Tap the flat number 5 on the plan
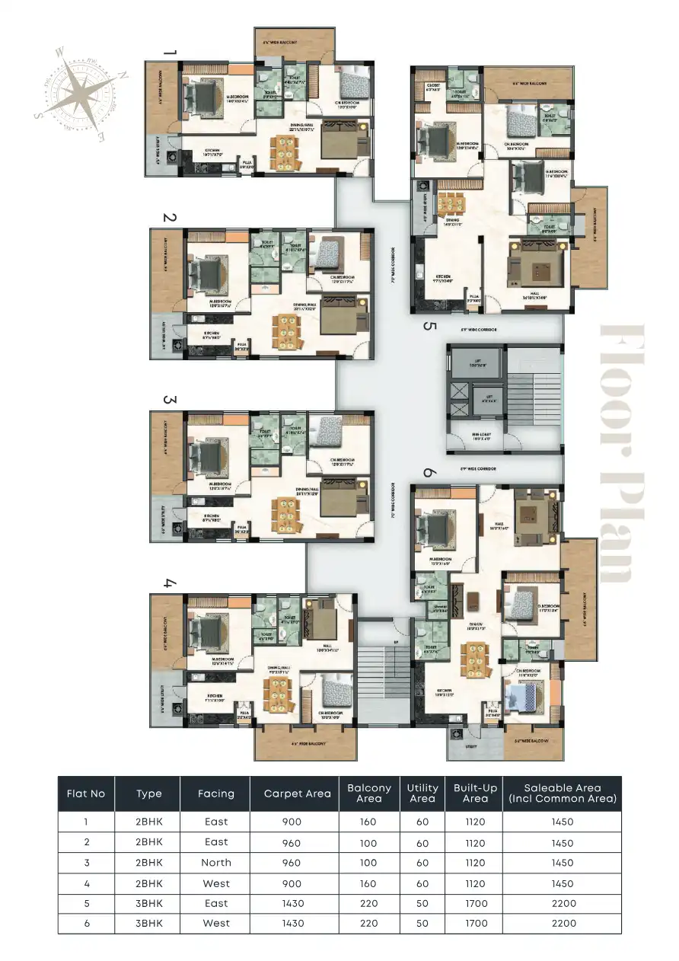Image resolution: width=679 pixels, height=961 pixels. click(429, 327)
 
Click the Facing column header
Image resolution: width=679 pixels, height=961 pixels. click(215, 793)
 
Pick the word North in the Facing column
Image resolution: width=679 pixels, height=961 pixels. click(215, 863)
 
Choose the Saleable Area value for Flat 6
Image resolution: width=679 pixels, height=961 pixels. click(563, 923)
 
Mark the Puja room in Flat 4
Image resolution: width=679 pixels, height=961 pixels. click(244, 717)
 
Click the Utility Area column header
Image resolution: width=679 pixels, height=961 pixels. click(422, 793)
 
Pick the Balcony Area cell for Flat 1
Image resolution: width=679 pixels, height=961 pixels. click(369, 822)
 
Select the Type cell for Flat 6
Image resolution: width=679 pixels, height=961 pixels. click(149, 923)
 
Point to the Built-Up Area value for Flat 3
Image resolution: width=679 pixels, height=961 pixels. click(475, 863)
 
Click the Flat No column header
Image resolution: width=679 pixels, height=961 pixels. click(86, 793)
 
